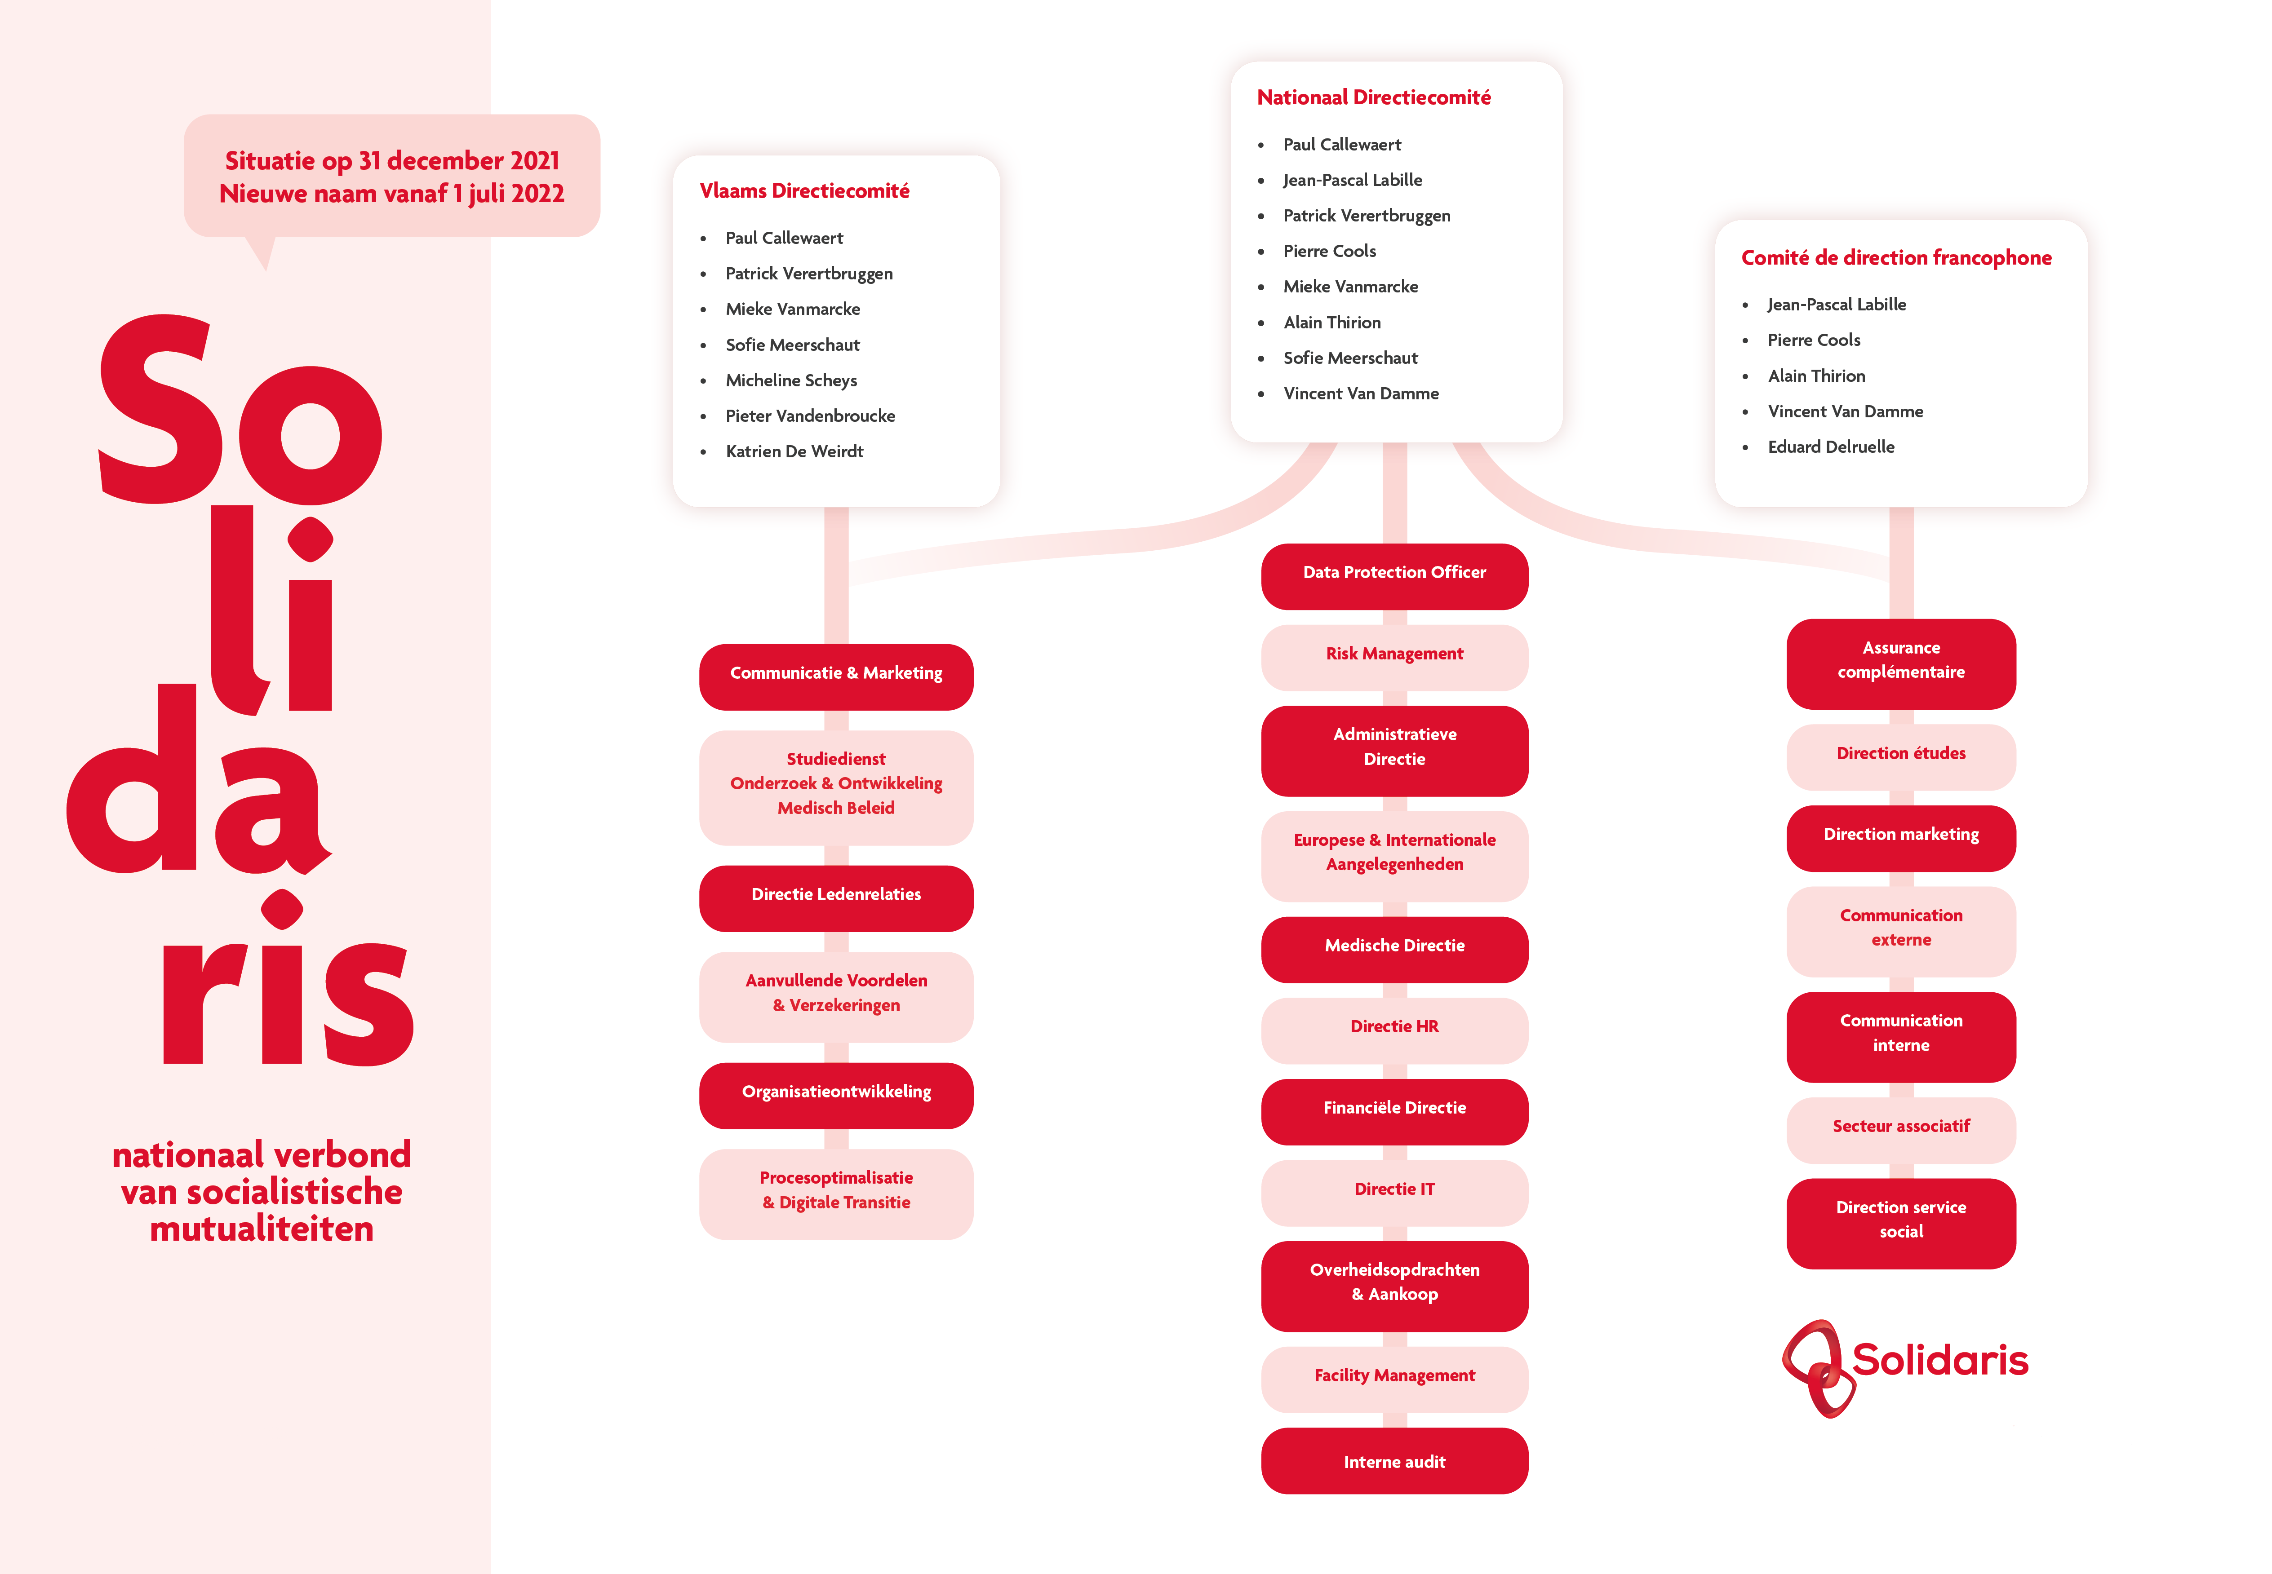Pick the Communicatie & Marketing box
click(836, 676)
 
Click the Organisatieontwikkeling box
click(836, 1095)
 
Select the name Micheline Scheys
click(791, 380)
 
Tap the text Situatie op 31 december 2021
click(392, 161)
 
